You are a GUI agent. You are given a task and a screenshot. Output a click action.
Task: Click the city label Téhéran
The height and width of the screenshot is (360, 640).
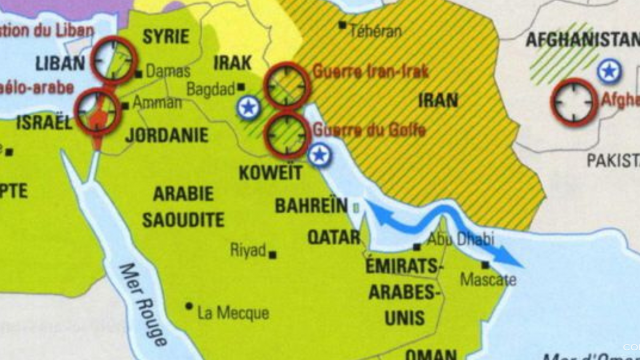point(375,31)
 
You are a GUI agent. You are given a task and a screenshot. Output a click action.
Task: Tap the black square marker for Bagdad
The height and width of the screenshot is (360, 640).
point(241,86)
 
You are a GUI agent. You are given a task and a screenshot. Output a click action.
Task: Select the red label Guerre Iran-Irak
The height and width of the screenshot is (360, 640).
point(371,72)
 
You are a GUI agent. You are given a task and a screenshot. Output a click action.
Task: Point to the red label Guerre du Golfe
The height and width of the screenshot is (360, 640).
point(369,130)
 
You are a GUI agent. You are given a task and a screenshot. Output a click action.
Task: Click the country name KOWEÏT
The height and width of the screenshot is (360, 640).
point(271,172)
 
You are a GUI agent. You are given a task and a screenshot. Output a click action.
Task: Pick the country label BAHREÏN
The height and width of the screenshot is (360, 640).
point(311,206)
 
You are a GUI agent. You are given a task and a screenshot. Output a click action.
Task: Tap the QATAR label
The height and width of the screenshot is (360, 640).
point(334,237)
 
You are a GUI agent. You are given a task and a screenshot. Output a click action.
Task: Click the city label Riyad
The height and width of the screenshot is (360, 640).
point(248,250)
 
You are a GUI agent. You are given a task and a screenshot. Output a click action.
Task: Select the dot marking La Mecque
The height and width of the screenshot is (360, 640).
point(189,306)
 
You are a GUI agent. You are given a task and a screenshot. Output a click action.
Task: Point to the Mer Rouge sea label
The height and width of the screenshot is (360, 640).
point(143,304)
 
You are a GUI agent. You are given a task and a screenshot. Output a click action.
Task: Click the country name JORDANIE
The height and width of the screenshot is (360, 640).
point(166,135)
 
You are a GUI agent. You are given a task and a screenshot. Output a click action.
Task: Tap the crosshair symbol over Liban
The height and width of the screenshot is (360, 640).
point(114,60)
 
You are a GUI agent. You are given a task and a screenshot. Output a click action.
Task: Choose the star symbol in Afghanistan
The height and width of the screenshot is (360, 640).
point(609,71)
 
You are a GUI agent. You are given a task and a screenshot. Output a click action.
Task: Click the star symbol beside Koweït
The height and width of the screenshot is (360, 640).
point(319,156)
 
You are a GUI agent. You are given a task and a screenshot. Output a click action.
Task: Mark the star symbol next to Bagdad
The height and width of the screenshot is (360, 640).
point(249,108)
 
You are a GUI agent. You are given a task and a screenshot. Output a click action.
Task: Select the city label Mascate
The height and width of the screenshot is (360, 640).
point(488,279)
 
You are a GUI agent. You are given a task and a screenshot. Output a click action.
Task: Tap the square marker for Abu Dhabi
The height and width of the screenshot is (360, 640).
point(417,246)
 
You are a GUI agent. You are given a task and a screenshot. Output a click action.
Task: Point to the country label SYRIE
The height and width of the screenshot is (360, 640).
point(166,37)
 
